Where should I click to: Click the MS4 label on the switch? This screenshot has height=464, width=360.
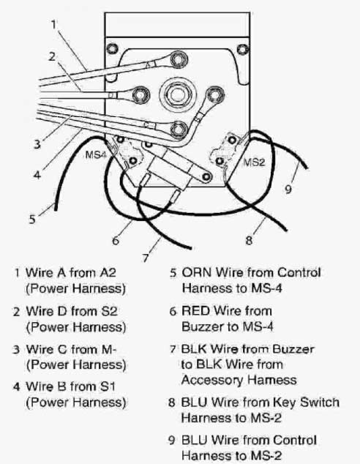pos(97,155)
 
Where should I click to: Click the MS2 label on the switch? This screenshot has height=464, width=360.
pos(254,160)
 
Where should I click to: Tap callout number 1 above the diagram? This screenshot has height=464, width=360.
pos(53,23)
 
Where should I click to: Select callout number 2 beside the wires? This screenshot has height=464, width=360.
pos(52,56)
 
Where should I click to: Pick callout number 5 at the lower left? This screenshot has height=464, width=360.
pos(32,217)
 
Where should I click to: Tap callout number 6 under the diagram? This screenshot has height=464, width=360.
pos(114,239)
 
